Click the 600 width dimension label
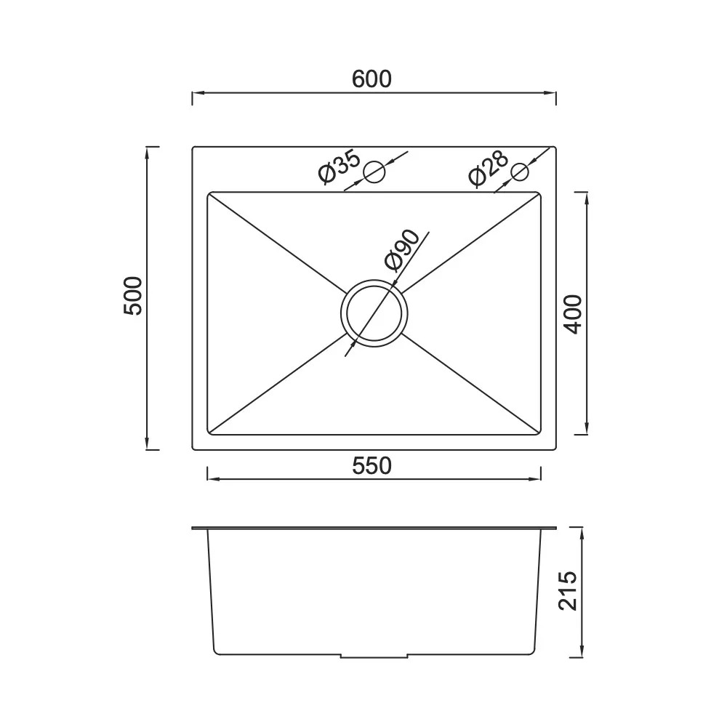(371, 79)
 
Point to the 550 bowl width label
(371, 466)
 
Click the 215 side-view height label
(568, 590)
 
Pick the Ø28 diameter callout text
(489, 168)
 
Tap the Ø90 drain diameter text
(402, 250)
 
